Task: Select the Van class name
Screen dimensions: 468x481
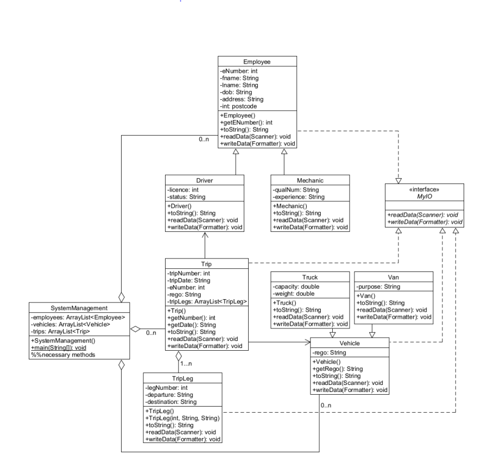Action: click(394, 277)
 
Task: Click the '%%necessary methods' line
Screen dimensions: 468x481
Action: click(63, 355)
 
